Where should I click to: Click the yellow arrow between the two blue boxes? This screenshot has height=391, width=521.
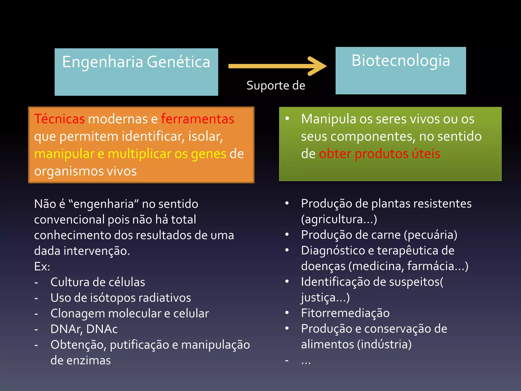tap(277, 66)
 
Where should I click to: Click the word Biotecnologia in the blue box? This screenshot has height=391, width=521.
tap(401, 61)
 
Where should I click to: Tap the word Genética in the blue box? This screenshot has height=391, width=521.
tap(179, 62)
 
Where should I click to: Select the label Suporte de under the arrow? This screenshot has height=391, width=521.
tap(276, 86)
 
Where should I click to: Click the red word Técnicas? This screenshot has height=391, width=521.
tap(59, 119)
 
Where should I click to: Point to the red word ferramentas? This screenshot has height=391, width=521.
tap(197, 119)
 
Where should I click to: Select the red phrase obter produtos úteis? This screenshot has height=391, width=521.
tap(379, 154)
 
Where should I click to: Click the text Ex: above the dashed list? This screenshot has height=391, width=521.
tap(42, 267)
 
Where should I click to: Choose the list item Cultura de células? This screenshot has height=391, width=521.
tap(98, 282)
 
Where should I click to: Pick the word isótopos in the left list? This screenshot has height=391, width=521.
tap(119, 298)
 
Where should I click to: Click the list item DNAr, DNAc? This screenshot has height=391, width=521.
tap(84, 329)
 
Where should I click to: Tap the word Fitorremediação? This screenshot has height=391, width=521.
tap(345, 313)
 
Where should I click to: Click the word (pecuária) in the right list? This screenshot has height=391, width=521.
tap(430, 235)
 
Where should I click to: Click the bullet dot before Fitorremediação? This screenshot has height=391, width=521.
tap(287, 313)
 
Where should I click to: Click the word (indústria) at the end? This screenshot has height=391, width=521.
tap(384, 344)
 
